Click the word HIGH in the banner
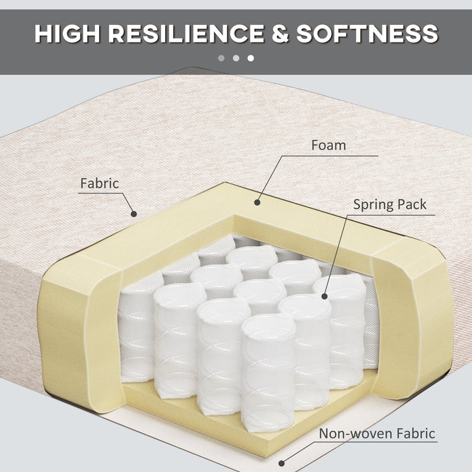[67, 34]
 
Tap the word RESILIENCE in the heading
[186, 34]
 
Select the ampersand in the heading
[281, 34]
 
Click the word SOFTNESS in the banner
[367, 34]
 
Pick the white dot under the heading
[251, 58]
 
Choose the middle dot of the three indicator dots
[236, 58]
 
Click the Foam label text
[328, 146]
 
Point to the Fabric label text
[100, 183]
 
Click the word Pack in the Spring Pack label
[412, 204]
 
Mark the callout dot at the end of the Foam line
[257, 202]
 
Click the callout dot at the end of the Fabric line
[134, 214]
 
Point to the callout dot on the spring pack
[324, 297]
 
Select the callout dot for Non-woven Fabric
[281, 463]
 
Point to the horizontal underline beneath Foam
[330, 156]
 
